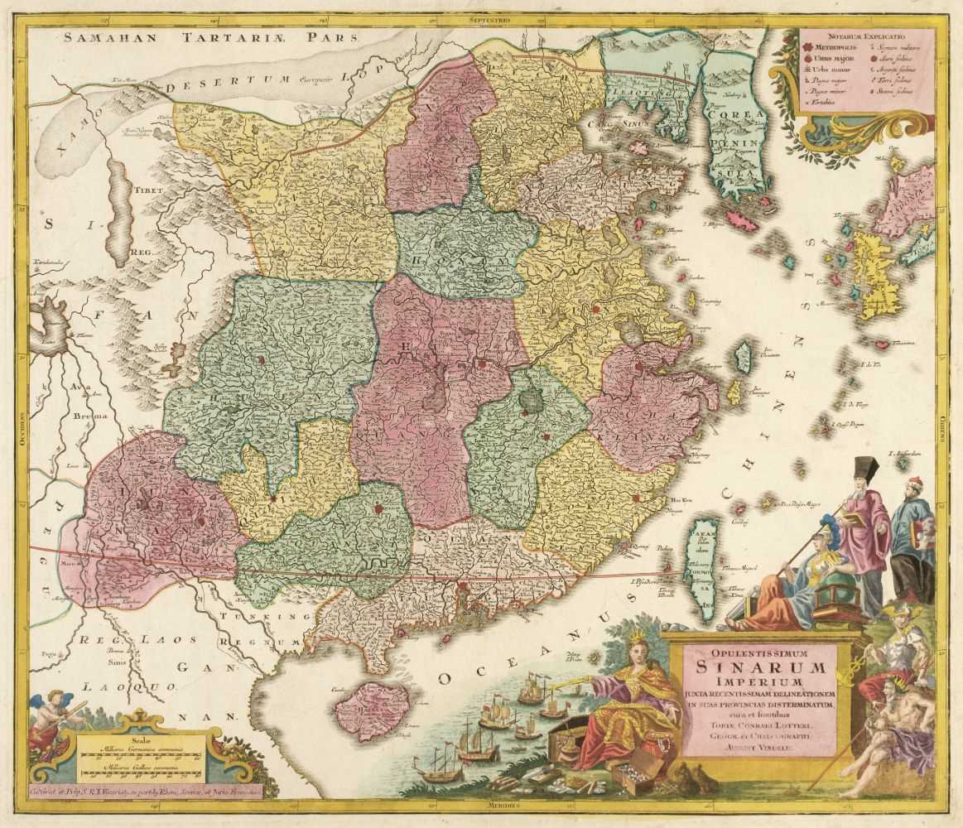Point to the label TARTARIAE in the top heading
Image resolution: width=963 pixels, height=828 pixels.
[x=234, y=36]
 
